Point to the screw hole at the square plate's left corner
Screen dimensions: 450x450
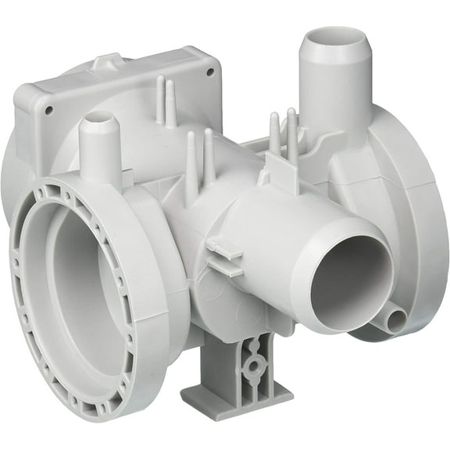[x=48, y=110]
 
